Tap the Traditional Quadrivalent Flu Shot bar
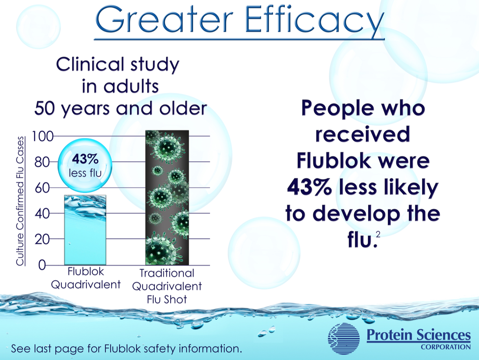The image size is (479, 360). tap(167, 198)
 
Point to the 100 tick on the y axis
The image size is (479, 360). tap(46, 136)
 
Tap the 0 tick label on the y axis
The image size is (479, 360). tap(42, 265)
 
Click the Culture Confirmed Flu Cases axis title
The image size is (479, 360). tap(20, 201)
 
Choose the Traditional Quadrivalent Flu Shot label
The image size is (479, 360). tap(167, 286)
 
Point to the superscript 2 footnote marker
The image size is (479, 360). tap(378, 234)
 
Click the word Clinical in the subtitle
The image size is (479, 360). tap(87, 65)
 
